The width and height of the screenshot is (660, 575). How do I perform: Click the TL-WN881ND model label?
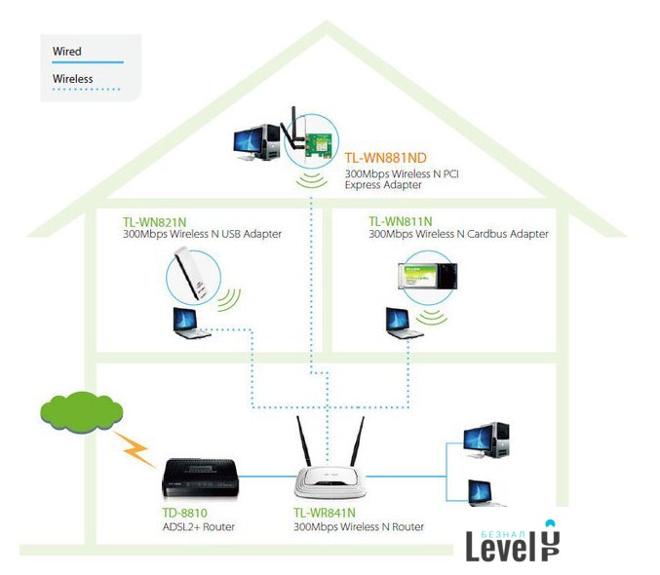click(x=386, y=157)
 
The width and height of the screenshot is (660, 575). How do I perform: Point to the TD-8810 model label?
click(x=184, y=512)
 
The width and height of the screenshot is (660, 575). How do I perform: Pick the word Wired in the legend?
click(x=67, y=51)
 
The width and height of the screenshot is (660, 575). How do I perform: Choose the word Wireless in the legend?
click(x=73, y=79)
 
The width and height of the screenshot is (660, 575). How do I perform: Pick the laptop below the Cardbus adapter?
click(x=403, y=323)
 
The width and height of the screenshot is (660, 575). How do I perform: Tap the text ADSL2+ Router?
click(x=198, y=526)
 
